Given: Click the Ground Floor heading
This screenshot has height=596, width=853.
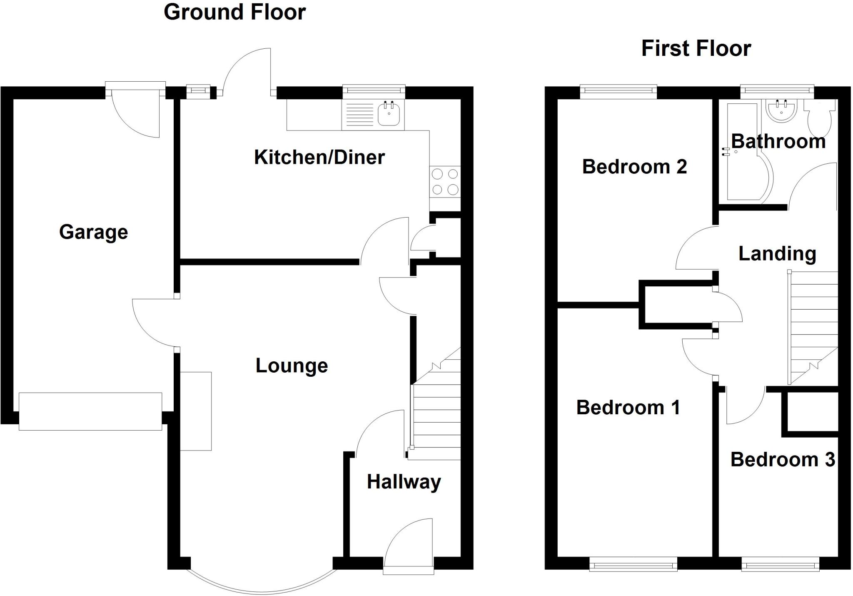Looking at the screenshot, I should click(x=234, y=12).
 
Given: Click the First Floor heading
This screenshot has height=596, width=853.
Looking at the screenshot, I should click(x=696, y=48).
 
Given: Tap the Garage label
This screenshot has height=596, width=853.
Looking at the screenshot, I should click(x=93, y=232).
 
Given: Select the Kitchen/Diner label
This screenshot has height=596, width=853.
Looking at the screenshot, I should click(x=319, y=158).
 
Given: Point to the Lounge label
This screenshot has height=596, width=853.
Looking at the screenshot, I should click(x=292, y=366).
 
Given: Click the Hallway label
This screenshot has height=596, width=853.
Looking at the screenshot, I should click(x=404, y=482).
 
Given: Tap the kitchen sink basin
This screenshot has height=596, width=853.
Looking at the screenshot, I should click(x=389, y=113).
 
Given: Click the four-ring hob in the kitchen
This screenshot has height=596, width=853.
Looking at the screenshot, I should click(x=445, y=181).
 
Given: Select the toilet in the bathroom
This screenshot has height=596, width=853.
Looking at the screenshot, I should click(x=821, y=117).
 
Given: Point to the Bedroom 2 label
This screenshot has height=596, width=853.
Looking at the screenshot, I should click(x=634, y=167).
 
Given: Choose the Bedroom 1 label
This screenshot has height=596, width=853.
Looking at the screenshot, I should click(x=628, y=408).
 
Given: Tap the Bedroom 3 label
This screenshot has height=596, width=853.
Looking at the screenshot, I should click(x=783, y=460).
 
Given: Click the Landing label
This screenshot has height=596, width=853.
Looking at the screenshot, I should click(x=777, y=254).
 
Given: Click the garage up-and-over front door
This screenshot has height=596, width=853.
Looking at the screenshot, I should click(x=90, y=411).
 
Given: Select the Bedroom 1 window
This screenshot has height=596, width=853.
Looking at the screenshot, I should click(x=633, y=565).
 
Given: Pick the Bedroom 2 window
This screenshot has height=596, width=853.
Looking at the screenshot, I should click(x=618, y=91).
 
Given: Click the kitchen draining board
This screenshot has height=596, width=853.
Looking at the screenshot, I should click(x=358, y=115).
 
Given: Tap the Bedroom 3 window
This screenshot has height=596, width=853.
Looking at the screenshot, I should click(x=781, y=565).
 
